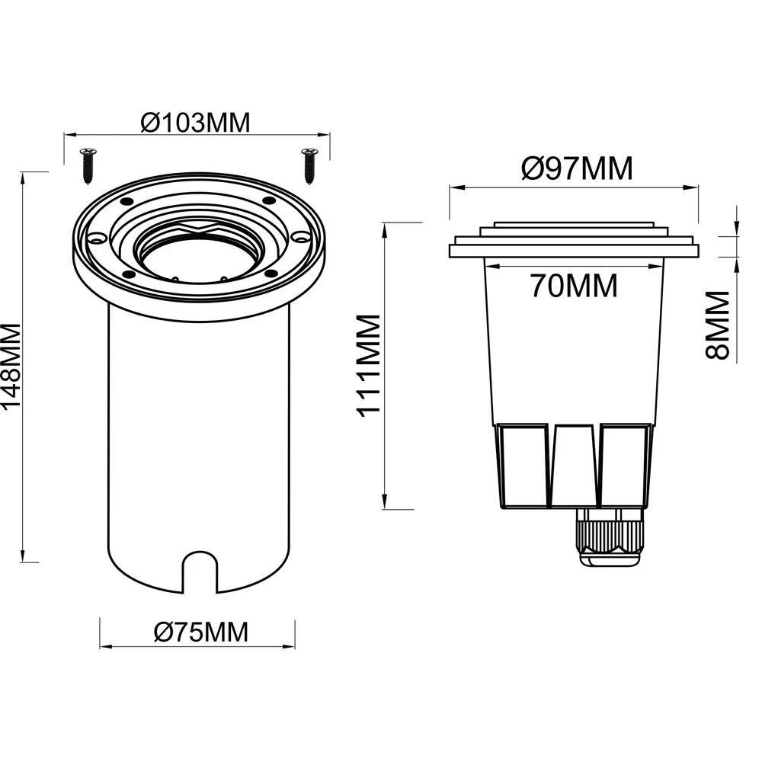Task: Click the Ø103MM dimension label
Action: coord(196,122)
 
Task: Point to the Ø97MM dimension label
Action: coord(577,168)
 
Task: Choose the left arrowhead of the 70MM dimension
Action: coord(489,266)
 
